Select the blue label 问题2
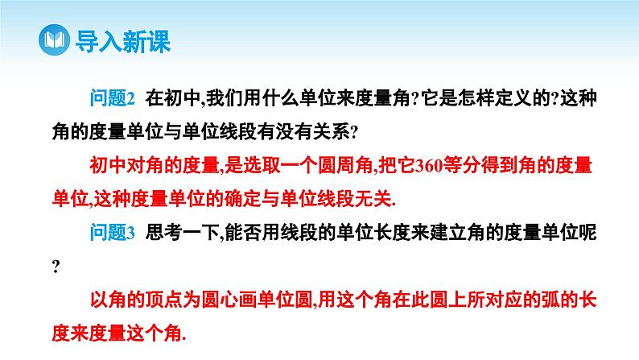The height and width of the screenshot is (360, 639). (x=113, y=98)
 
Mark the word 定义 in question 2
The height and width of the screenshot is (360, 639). (x=497, y=98)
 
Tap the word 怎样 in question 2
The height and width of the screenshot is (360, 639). (x=458, y=98)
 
